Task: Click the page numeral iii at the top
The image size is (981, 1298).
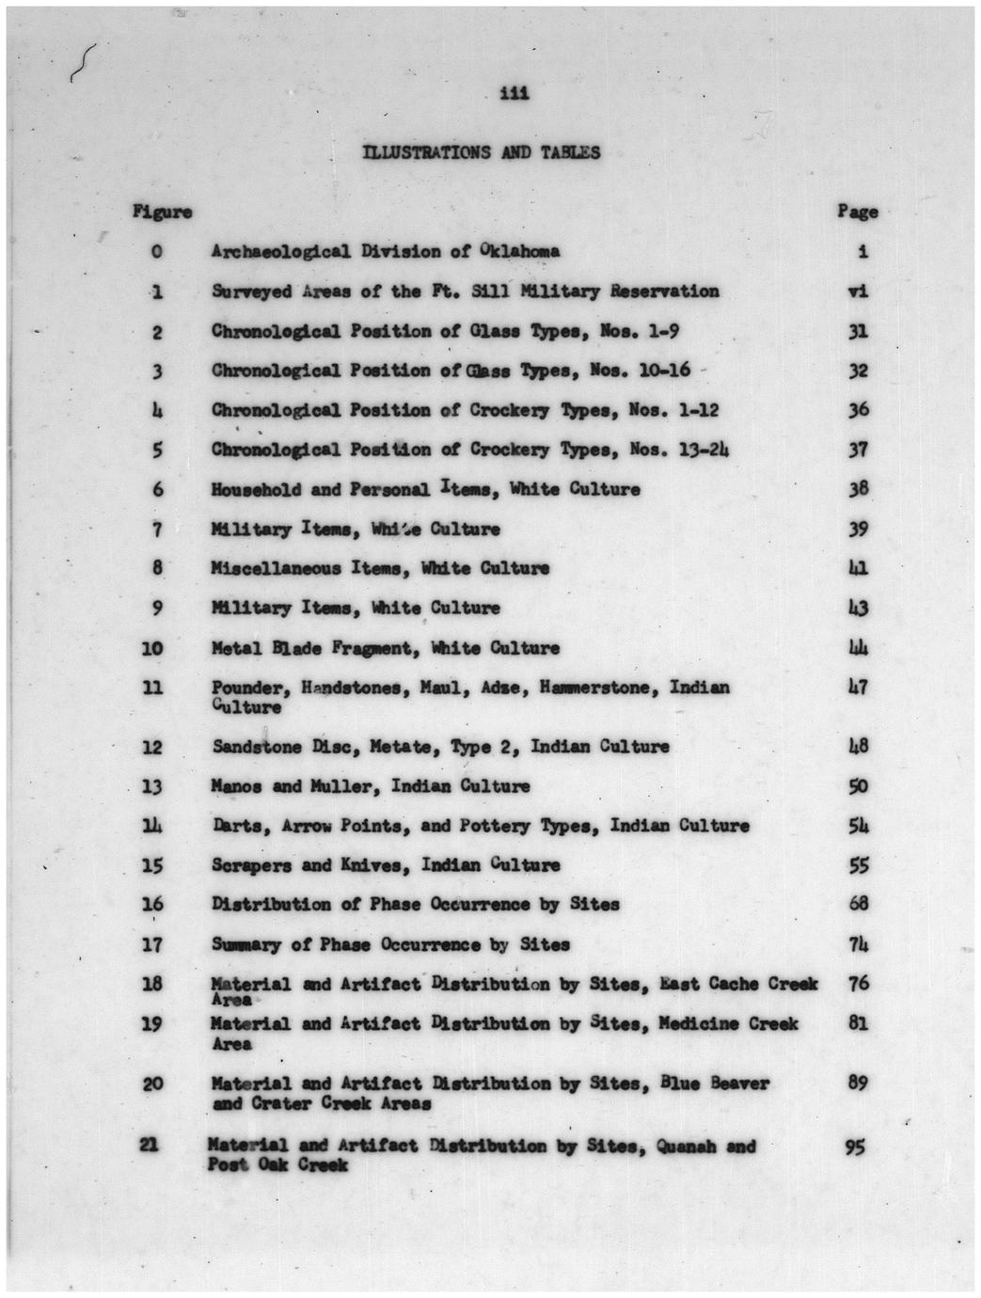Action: (515, 93)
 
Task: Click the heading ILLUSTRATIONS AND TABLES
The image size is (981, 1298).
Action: (482, 152)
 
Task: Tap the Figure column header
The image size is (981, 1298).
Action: (163, 212)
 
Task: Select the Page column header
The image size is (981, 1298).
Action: (857, 212)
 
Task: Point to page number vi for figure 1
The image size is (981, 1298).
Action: (858, 292)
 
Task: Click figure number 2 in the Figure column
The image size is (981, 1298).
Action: (157, 332)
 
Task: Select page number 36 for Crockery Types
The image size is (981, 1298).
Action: (858, 410)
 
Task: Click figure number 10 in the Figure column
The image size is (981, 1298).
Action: (152, 649)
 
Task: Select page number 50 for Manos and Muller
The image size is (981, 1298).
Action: (858, 786)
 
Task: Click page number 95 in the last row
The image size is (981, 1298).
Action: (855, 1147)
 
